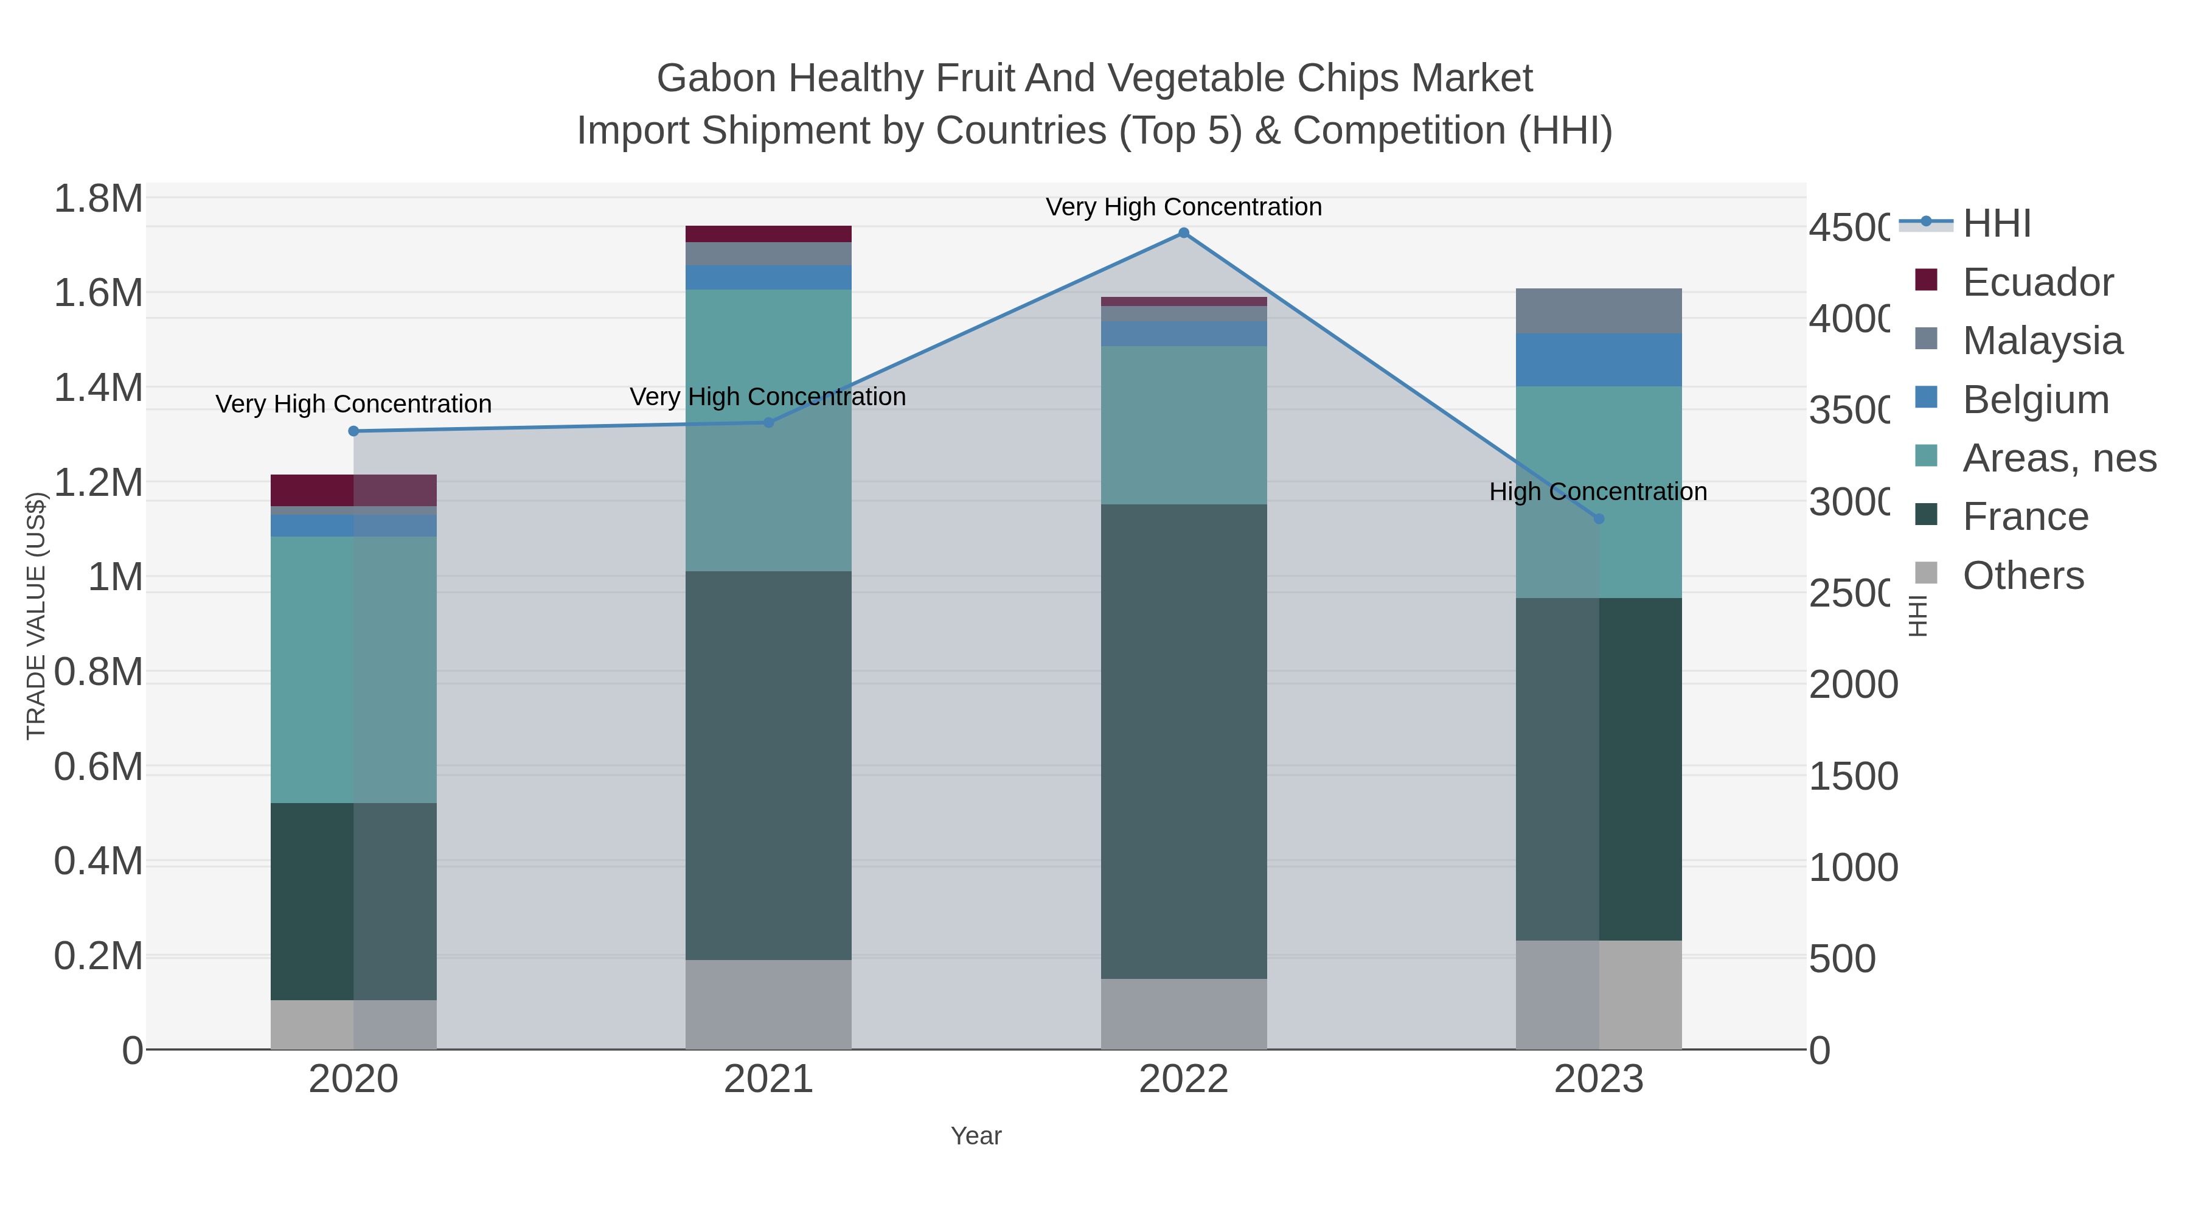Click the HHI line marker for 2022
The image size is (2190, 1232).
click(x=1183, y=233)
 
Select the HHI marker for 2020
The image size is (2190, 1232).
click(x=353, y=431)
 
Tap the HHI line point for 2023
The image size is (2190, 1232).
click(x=1598, y=518)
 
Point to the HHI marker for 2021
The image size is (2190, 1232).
click(x=768, y=423)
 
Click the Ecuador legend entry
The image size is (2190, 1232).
click(x=2037, y=282)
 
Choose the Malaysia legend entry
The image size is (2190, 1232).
click(x=2042, y=341)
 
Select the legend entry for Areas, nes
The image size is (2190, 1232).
click(x=2059, y=458)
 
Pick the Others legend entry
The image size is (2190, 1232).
click(x=2023, y=576)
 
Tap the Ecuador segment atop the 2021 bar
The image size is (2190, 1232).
click(x=768, y=234)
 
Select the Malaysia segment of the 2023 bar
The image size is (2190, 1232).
click(x=1598, y=311)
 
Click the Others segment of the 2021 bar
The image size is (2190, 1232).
click(x=768, y=1004)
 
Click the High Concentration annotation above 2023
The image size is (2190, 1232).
click(x=1598, y=492)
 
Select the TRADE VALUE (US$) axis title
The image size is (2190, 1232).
click(x=36, y=616)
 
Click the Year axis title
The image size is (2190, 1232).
click(x=976, y=1136)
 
